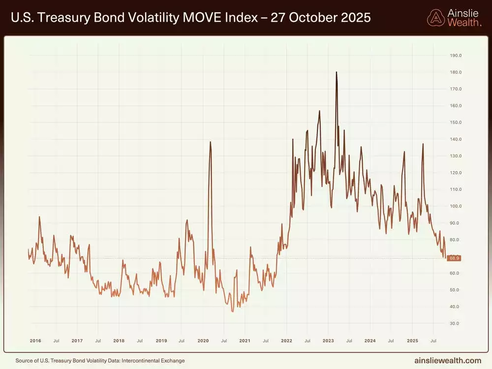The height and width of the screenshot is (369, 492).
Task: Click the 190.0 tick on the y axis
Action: click(x=456, y=56)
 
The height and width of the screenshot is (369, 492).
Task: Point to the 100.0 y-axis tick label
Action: click(x=456, y=206)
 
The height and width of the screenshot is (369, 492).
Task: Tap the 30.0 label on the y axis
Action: click(x=456, y=323)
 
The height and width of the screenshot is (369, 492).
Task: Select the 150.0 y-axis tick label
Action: click(x=456, y=123)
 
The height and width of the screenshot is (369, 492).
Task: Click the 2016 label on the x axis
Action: click(x=35, y=340)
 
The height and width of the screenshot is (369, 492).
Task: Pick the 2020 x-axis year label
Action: click(x=203, y=340)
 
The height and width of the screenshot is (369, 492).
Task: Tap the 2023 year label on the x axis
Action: click(x=328, y=340)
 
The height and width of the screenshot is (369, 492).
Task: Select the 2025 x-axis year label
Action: click(x=412, y=340)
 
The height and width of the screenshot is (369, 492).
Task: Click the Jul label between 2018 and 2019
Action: click(x=140, y=340)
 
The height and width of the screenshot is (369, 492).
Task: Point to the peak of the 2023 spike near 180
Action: click(x=337, y=72)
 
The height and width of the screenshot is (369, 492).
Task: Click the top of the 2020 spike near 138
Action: click(x=211, y=142)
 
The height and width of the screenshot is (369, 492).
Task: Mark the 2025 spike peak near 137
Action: click(x=423, y=144)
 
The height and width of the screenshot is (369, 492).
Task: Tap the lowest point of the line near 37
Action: click(x=233, y=311)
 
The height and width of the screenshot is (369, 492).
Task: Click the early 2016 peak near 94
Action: click(x=39, y=217)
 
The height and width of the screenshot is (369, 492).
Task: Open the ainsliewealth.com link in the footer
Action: click(x=449, y=361)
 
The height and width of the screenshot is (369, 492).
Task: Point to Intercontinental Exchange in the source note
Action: click(x=155, y=361)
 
